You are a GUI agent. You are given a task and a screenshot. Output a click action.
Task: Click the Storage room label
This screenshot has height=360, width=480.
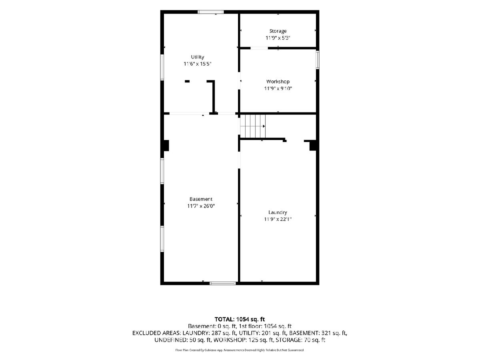coord(278,31)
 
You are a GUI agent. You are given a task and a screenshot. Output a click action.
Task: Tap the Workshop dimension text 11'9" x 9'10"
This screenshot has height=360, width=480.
coord(278,88)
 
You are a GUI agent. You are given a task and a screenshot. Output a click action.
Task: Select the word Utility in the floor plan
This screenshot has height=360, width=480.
coord(198,57)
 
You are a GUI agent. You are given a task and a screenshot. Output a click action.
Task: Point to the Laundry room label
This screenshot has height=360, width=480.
coord(278,212)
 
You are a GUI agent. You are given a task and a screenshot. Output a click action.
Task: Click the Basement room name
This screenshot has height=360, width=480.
coord(201,199)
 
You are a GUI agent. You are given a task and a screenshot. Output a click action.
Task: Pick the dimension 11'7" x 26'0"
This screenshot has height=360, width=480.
coord(201,206)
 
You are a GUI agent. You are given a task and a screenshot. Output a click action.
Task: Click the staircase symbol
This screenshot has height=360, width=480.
coord(253,126)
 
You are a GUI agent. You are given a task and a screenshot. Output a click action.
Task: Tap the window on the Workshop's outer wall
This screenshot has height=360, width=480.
coord(317,60)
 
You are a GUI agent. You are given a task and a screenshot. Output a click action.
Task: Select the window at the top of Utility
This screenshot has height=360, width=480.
coord(210,12)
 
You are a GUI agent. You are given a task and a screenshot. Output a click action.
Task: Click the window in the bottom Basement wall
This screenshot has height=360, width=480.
coord(223,284)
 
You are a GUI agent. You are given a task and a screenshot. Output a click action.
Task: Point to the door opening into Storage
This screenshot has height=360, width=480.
coord(259,48)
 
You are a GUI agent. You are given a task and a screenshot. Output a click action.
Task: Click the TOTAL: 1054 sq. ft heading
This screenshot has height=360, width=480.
coord(240,319)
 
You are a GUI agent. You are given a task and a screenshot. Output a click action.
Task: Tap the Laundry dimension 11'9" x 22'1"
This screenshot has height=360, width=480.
coord(278,219)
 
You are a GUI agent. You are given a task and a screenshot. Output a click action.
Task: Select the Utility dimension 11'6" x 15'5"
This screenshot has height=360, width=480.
coord(198,64)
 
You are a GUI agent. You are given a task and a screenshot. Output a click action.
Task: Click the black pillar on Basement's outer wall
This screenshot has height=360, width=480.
coord(166,145)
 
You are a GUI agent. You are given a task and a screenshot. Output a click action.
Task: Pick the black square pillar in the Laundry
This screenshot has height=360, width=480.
coord(313,146)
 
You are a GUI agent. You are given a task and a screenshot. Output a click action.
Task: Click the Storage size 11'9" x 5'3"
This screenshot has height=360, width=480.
coord(278,38)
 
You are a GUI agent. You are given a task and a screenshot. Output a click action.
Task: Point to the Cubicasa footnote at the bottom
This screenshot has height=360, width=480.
coord(240,350)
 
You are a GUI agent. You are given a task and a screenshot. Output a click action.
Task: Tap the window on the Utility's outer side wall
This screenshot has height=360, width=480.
coord(162,67)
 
